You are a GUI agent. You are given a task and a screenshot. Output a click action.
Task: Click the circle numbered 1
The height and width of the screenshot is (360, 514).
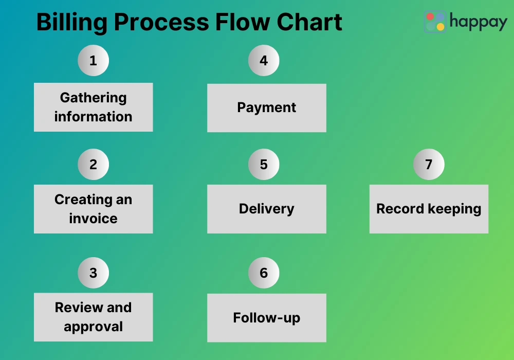(93, 61)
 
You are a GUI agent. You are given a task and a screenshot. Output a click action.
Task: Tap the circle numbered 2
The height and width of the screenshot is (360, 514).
(93, 165)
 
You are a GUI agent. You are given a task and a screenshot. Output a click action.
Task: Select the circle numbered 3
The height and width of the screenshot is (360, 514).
(93, 273)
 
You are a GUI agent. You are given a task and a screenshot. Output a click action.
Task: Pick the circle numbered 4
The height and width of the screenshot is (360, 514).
(264, 61)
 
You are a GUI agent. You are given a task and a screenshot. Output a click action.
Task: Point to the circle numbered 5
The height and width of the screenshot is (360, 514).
(264, 165)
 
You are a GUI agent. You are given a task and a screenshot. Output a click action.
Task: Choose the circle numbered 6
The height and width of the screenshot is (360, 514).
(264, 273)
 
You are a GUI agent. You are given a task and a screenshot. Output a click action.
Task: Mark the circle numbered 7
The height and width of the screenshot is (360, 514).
(429, 165)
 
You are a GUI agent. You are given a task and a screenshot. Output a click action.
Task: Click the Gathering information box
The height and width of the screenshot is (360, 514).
(93, 107)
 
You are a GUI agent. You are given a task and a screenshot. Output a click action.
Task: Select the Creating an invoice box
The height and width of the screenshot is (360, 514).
(93, 209)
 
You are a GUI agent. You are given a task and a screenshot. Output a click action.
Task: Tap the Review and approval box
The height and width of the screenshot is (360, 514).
(93, 317)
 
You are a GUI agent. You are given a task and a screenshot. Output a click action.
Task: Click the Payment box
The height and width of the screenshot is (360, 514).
(266, 107)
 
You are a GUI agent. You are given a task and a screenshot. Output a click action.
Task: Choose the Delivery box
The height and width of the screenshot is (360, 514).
(266, 209)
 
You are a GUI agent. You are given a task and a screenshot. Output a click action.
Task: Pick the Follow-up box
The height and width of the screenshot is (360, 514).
(266, 318)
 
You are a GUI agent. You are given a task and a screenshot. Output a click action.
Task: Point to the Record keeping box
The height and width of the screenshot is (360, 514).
(429, 209)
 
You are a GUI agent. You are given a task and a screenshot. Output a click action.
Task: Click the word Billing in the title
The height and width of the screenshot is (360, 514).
(71, 23)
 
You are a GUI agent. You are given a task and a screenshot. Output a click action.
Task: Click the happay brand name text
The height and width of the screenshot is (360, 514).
(478, 22)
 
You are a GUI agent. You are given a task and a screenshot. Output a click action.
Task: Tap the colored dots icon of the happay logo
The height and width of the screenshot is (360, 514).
(435, 22)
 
